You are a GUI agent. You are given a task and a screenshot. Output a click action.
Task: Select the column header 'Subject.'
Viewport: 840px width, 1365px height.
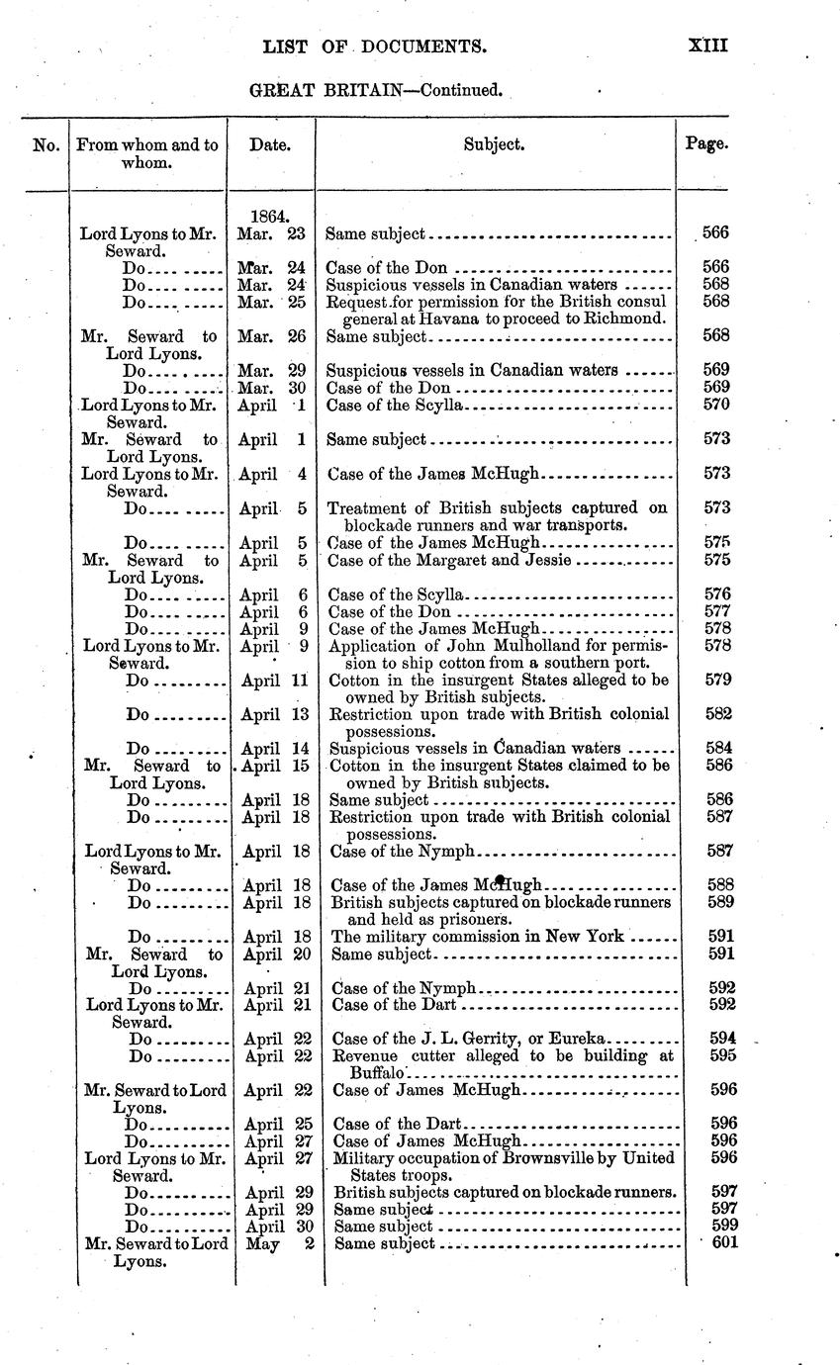click(x=495, y=144)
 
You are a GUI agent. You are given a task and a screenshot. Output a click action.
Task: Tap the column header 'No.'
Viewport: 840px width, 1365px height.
click(x=46, y=144)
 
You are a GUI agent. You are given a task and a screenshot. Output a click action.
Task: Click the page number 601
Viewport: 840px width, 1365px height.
click(x=725, y=1242)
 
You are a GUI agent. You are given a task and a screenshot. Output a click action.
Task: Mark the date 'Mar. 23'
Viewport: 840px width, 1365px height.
click(x=270, y=234)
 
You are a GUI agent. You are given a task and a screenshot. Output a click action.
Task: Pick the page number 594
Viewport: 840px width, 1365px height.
click(x=724, y=1038)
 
